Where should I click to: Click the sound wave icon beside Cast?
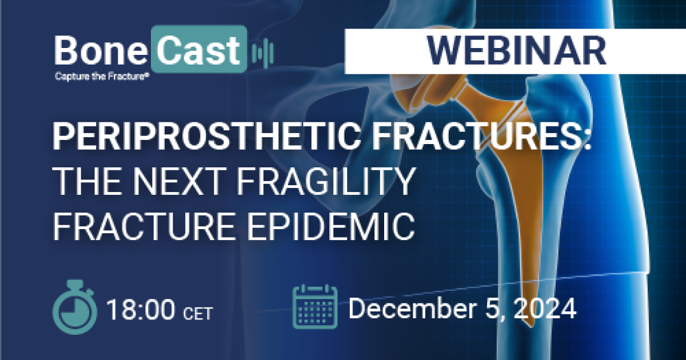coord(262,53)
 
